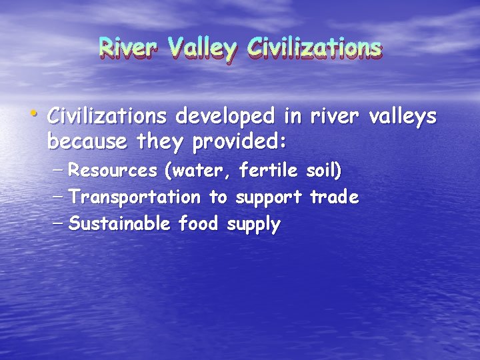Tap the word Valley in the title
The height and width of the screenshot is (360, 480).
pyautogui.click(x=202, y=48)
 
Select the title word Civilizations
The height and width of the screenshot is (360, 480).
pyautogui.click(x=313, y=48)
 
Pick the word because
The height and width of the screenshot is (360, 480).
pyautogui.click(x=87, y=141)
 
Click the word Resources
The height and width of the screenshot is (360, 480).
pyautogui.click(x=113, y=171)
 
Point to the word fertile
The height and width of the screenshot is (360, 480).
pyautogui.click(x=269, y=171)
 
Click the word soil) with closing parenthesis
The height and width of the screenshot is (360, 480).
pyautogui.click(x=323, y=171)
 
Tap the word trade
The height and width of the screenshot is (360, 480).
pyautogui.click(x=334, y=197)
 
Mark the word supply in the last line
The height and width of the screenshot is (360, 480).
pyautogui.click(x=254, y=225)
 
